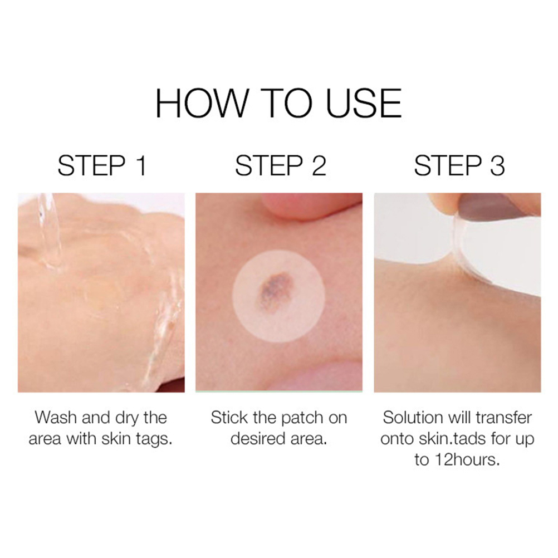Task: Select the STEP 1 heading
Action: pos(102,166)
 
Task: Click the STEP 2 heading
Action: pos(281,166)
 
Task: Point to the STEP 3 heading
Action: pos(459,166)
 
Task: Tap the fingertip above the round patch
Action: pos(292,207)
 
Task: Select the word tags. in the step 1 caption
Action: pos(154,439)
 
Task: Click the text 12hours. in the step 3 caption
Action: pos(467,460)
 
